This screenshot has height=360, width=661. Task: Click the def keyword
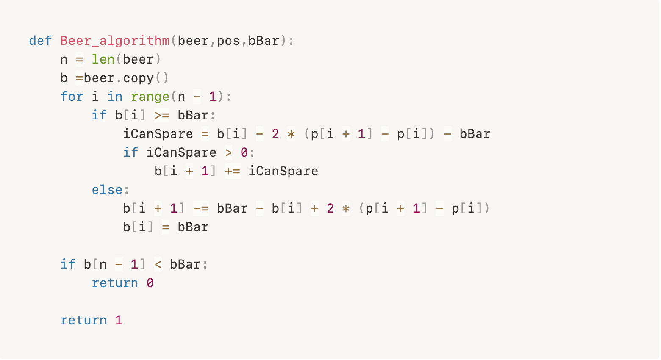tap(40, 41)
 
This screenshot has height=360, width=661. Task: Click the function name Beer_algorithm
tap(115, 41)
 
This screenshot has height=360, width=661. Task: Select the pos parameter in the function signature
tap(228, 41)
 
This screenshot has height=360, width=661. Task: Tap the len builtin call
tap(103, 59)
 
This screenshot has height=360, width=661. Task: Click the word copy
tap(138, 78)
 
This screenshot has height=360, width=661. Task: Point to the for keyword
tap(72, 97)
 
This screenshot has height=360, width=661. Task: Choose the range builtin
tap(150, 97)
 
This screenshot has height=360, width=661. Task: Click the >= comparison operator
tap(162, 115)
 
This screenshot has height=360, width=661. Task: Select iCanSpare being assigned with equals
tap(158, 134)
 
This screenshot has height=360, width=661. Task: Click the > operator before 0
tap(228, 152)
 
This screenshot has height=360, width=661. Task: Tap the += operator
tap(232, 171)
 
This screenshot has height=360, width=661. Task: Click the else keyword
tap(107, 190)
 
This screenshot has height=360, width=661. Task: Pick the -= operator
tap(201, 208)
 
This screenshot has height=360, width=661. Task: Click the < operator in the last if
tap(158, 264)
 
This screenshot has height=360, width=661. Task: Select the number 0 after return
tap(150, 283)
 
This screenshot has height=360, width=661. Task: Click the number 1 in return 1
tap(119, 320)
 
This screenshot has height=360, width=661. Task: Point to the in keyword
tap(115, 97)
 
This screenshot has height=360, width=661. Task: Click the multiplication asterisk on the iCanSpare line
tap(291, 134)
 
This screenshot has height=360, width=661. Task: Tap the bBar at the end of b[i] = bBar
tap(193, 227)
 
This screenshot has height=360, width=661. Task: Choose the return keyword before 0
tap(115, 283)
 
